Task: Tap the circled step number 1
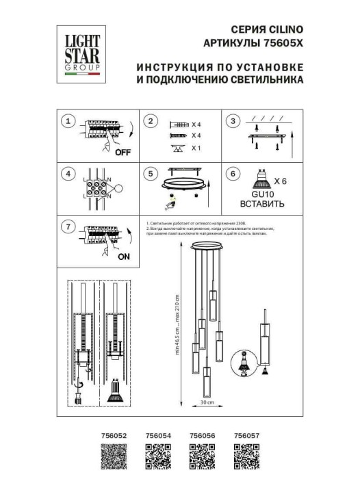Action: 67,122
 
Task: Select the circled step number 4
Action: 67,174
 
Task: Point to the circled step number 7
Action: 67,227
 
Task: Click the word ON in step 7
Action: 124,257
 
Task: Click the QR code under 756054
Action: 158,456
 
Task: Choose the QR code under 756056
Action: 202,456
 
